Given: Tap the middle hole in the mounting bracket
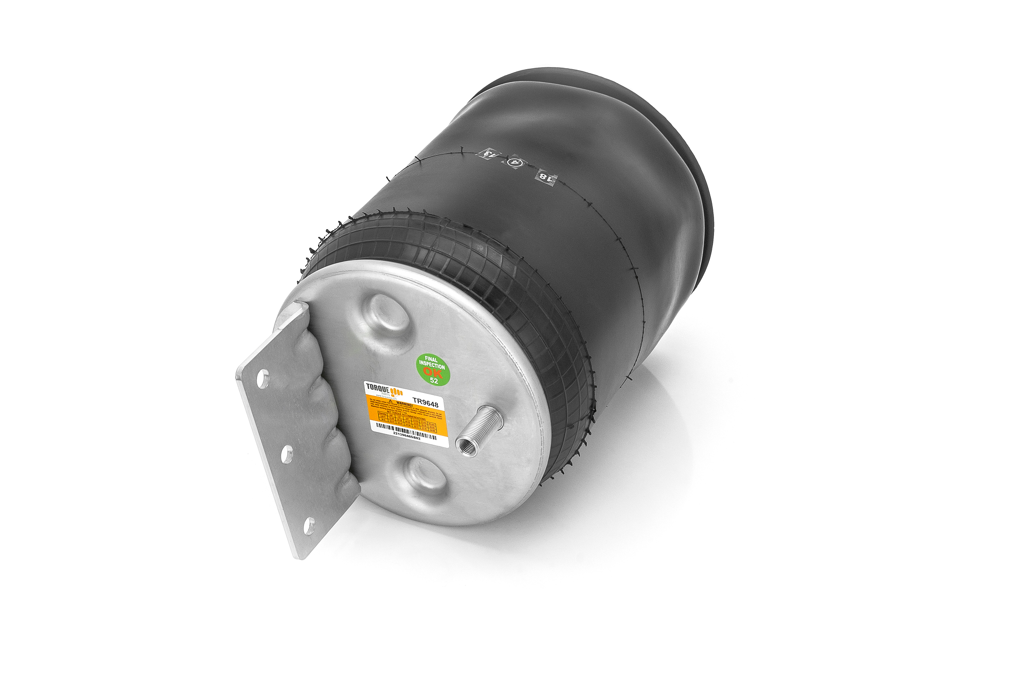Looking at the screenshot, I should [286, 453].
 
